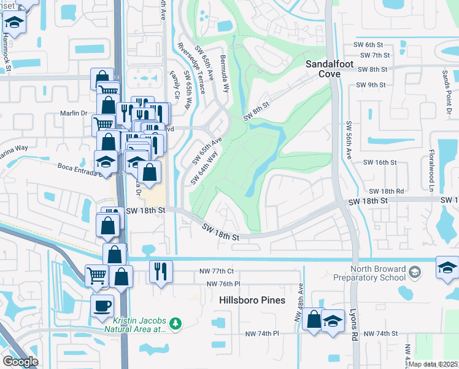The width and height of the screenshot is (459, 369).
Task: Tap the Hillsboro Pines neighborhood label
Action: click(252, 300)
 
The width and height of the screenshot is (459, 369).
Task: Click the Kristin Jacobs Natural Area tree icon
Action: click(175, 323)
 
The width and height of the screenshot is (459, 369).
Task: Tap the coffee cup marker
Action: click(102, 306)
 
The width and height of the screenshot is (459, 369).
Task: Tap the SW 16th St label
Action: click(380, 162)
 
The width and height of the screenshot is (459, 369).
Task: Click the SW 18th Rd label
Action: click(387, 191)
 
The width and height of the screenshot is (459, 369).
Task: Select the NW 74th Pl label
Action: click(262, 333)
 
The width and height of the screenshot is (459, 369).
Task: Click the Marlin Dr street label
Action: click(75, 113)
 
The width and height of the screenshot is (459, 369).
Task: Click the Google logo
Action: click(20, 362)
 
